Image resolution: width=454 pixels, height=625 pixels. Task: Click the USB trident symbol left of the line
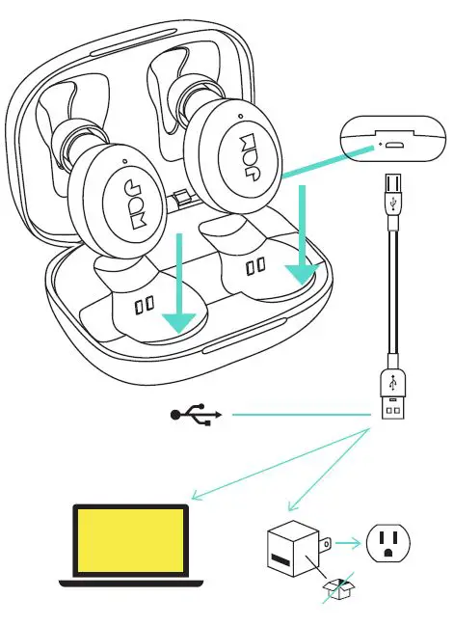click(x=196, y=415)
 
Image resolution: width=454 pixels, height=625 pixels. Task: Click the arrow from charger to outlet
click(x=349, y=544)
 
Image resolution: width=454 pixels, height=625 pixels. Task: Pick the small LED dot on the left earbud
click(x=125, y=160)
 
